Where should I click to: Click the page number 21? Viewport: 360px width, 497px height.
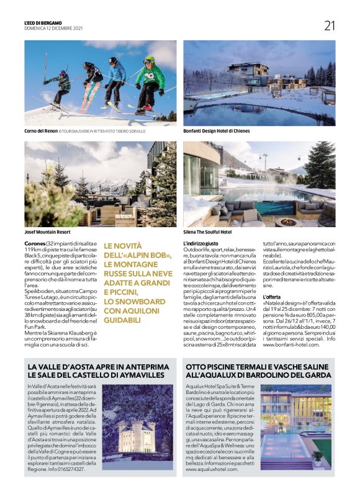(329, 25)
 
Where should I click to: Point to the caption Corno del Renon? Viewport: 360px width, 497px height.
(42, 132)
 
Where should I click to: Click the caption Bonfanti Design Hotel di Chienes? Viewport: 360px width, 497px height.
(216, 132)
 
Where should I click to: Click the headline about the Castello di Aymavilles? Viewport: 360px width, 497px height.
(98, 371)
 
